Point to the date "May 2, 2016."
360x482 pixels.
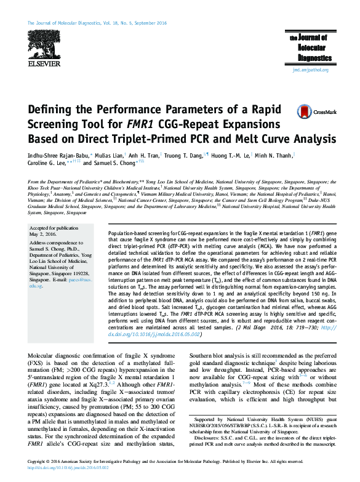pyautogui.click(x=44, y=235)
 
